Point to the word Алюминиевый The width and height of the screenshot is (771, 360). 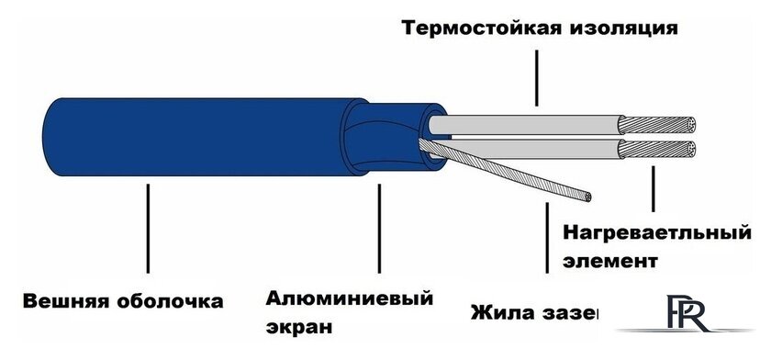(349, 298)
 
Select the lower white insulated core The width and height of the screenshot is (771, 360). (532, 149)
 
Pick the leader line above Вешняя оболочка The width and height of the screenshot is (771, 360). (148, 230)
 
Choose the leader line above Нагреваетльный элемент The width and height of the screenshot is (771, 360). (653, 188)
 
